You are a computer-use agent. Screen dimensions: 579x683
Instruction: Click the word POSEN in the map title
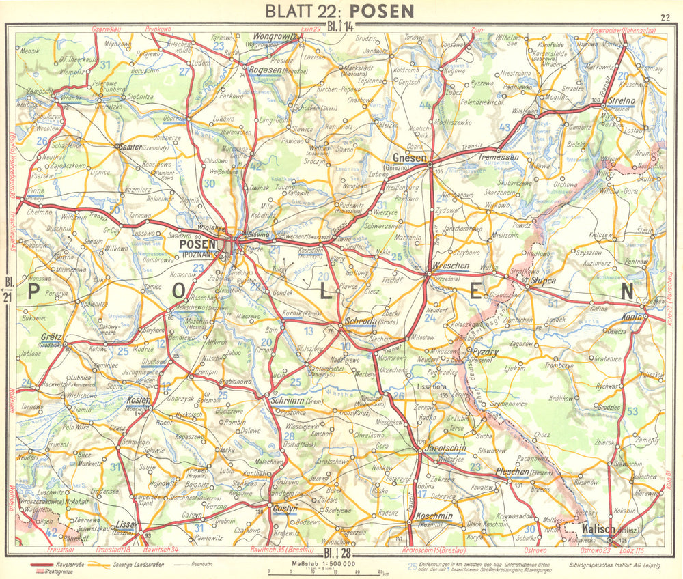384,11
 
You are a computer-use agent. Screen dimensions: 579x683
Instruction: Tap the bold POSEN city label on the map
197,244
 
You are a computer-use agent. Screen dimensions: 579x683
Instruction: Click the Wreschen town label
451,265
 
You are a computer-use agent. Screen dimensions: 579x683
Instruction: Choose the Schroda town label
361,321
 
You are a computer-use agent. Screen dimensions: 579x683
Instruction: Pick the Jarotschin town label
445,448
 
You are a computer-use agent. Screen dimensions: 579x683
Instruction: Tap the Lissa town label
128,524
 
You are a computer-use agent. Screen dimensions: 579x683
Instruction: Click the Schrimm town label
287,401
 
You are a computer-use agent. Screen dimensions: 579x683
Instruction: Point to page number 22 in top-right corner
665,18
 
